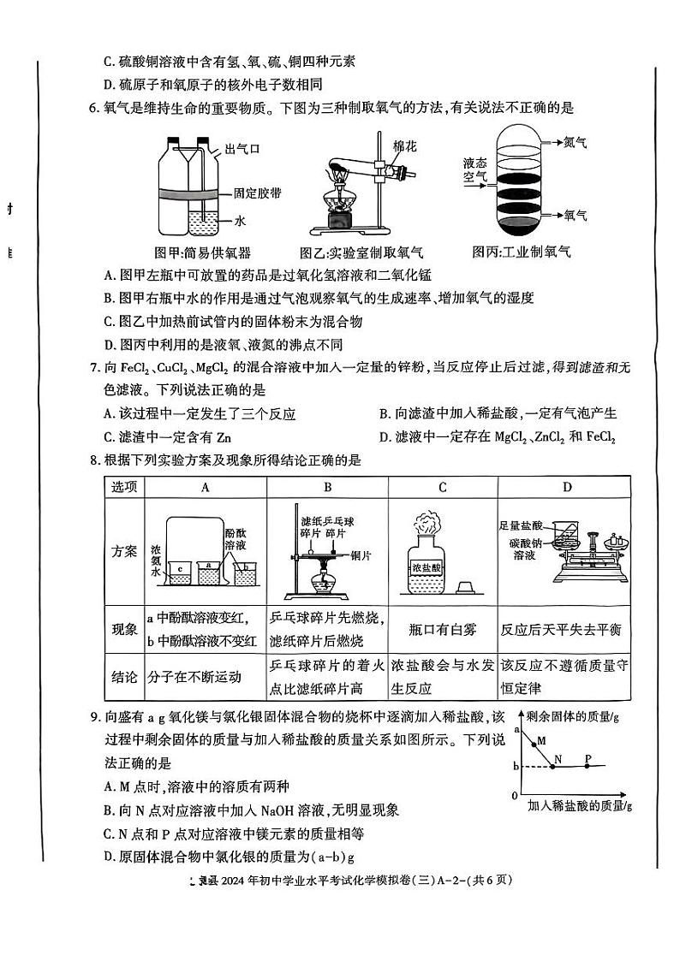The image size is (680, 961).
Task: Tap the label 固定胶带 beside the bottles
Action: tap(253, 194)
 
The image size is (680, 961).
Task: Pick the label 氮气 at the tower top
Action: tap(576, 144)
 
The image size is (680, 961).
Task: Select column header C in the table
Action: tap(442, 487)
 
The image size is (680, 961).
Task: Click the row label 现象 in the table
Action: tap(125, 629)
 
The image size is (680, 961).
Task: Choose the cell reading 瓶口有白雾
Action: tap(442, 629)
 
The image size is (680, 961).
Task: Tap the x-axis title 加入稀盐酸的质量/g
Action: tap(579, 805)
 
